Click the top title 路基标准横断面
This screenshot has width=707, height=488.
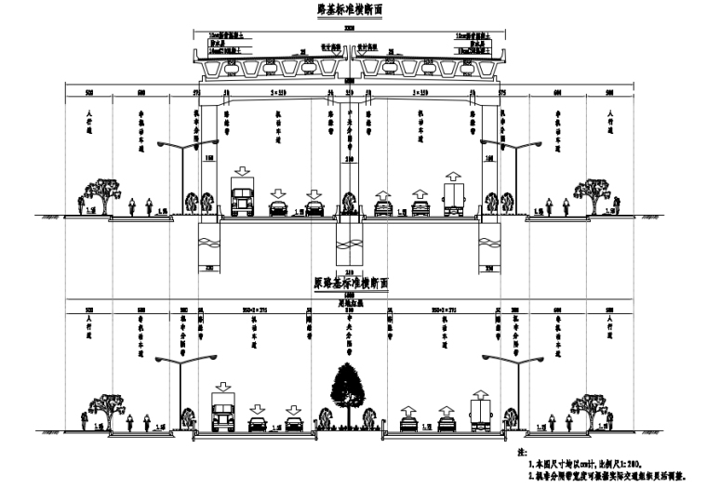coord(349,10)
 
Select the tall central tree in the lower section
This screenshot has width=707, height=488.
coord(350,390)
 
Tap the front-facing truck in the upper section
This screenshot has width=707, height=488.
coord(242,201)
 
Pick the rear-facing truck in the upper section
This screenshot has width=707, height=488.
coord(453,200)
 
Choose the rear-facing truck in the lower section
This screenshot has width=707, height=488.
coord(480,412)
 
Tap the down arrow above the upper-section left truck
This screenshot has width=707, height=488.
coord(242,174)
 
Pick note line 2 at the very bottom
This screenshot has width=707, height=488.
coord(605,475)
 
